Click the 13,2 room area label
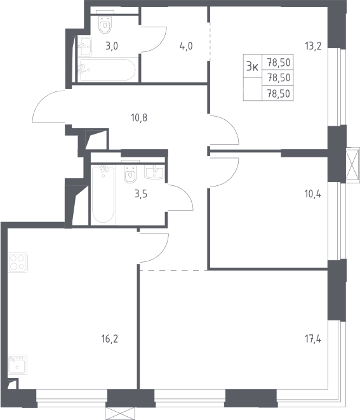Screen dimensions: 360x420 tap(313, 46)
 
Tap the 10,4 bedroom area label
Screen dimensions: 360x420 tap(313, 194)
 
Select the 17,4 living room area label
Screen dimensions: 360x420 tap(313, 339)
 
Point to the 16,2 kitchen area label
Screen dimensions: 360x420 tap(110, 339)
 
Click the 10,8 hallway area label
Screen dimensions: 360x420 tap(139, 117)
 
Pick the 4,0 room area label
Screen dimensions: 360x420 tap(186, 46)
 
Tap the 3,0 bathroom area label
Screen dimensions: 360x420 tap(112, 46)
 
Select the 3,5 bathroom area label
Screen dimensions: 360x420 tap(141, 194)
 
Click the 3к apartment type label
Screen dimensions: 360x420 tap(252, 66)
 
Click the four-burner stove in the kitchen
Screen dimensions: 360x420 tap(18, 263)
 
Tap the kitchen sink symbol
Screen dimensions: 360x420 tap(17, 364)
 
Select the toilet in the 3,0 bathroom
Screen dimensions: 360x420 tap(105, 23)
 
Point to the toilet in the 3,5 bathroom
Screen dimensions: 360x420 tap(130, 173)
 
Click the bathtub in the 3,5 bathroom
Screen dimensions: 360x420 tap(103, 194)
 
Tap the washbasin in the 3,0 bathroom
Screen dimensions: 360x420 tap(85, 46)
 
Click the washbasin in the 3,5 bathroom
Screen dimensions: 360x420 tap(154, 171)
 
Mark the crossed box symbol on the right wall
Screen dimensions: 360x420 tap(353, 165)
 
